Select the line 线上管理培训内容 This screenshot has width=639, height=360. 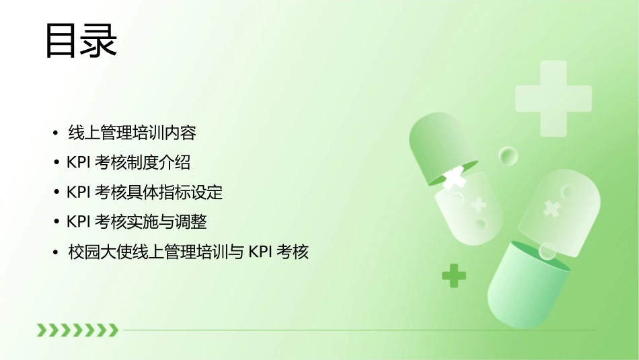coord(133,133)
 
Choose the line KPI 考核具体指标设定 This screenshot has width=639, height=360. coord(145,192)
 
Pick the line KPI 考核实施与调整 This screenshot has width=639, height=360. coord(137,222)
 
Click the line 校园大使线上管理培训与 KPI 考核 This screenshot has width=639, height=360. coord(188,252)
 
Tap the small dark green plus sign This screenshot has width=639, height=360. coord(454,275)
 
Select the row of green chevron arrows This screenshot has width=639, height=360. coord(77,330)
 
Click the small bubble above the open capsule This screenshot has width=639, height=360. coord(508,156)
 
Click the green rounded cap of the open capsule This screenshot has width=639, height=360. coord(437,145)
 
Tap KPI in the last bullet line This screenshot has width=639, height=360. coord(259,252)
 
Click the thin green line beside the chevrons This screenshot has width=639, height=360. coord(356,330)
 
